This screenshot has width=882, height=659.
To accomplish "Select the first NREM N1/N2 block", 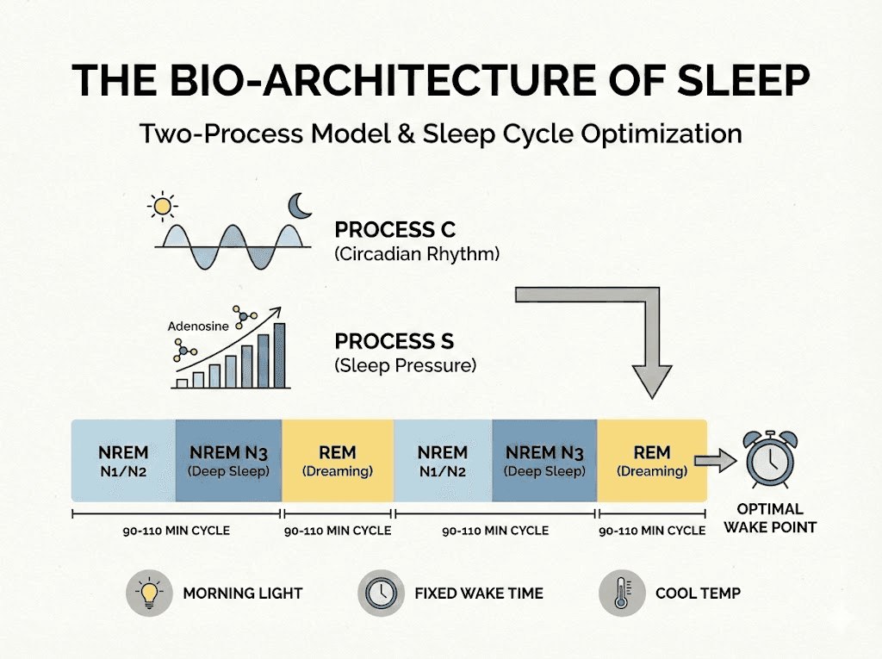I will (x=123, y=461).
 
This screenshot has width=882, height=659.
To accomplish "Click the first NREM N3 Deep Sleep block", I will (x=228, y=461).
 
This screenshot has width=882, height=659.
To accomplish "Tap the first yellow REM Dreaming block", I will (x=337, y=461).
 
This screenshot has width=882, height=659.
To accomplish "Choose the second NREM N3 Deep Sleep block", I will (x=544, y=461).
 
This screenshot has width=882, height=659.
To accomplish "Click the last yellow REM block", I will (x=652, y=461).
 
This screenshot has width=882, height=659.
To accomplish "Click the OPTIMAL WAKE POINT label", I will (x=769, y=518).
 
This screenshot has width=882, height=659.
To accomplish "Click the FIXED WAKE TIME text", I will (x=479, y=594).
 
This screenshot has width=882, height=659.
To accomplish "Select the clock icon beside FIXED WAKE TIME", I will (x=380, y=593).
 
